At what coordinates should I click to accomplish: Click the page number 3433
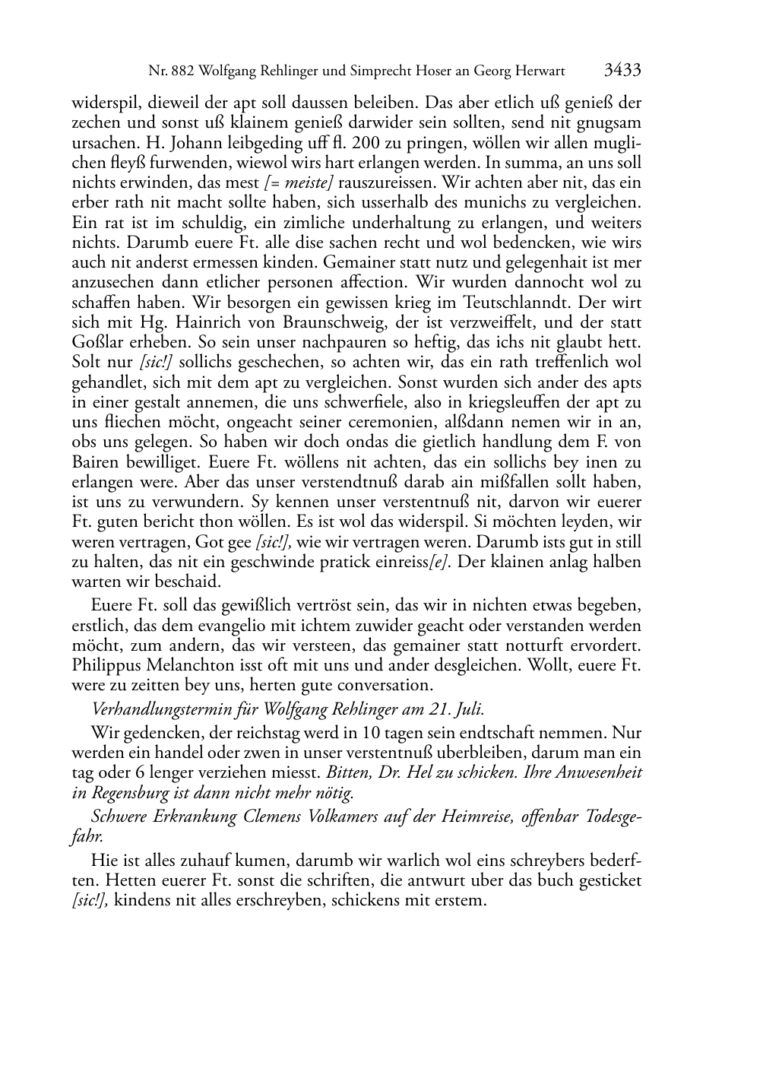tap(622, 71)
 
